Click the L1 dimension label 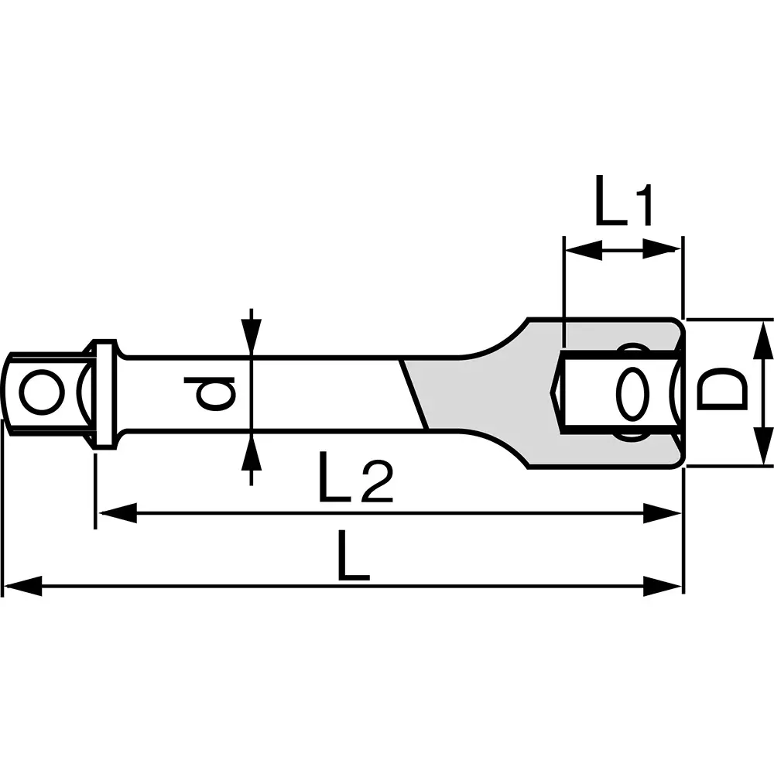(x=624, y=202)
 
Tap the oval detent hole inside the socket (x=633, y=392)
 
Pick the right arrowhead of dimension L (x=663, y=586)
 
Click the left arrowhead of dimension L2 (x=116, y=512)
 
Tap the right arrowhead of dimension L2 (x=663, y=512)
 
